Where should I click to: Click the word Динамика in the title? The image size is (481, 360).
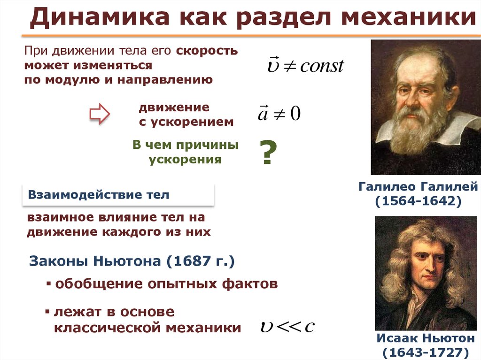[x=100, y=17]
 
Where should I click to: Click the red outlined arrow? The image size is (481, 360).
[x=100, y=114]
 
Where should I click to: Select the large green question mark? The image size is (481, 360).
[x=268, y=153]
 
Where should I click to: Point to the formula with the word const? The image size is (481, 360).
[x=305, y=65]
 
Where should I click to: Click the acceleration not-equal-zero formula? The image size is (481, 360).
[x=279, y=113]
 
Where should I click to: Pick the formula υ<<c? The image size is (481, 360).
[x=287, y=327]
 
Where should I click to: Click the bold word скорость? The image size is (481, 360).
[x=207, y=51]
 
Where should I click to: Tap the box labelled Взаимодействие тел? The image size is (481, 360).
[x=118, y=195]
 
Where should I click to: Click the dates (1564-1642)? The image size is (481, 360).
[x=418, y=201]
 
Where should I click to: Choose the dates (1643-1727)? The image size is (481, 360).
[x=426, y=352]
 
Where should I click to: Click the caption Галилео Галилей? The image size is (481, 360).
[x=418, y=186]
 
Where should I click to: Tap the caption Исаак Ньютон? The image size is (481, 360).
[x=426, y=338]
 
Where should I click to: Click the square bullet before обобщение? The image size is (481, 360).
[x=48, y=283]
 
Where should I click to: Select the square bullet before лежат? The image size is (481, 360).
[x=47, y=312]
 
